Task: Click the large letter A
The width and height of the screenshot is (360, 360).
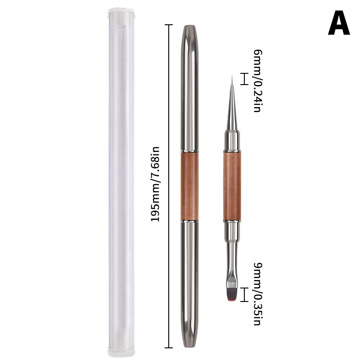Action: point(339,23)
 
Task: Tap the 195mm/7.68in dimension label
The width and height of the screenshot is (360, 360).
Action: point(155,184)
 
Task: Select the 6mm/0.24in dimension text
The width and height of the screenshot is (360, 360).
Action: point(257,81)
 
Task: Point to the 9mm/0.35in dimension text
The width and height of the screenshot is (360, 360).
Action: point(257,294)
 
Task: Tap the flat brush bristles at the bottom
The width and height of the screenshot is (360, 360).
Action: point(232,294)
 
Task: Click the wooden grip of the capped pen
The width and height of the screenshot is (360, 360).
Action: point(189,186)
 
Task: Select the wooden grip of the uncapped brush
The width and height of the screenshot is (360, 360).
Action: point(232,186)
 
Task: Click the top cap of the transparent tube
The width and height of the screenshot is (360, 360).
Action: point(121,14)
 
